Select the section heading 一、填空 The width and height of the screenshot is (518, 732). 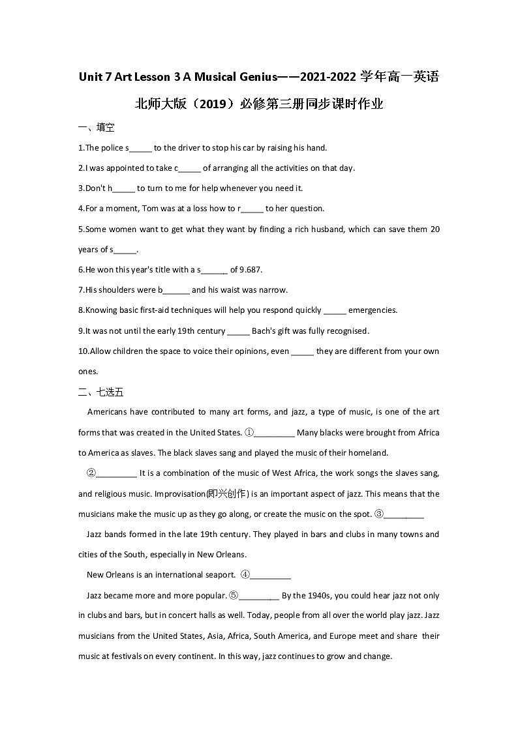point(96,128)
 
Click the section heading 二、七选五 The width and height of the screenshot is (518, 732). point(100,392)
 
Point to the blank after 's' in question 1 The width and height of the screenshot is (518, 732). point(141,148)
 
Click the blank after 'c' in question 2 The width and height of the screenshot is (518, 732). point(190,168)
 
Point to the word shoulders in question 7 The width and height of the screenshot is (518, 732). point(120,290)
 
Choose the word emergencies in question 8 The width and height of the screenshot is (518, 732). point(373,310)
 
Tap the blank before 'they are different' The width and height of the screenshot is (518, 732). point(302,351)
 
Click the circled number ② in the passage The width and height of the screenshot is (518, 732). point(91,473)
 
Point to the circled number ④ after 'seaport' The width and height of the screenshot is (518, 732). point(245,575)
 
